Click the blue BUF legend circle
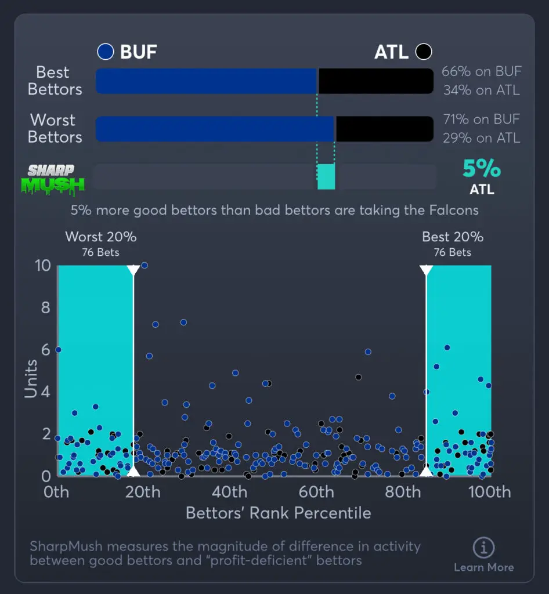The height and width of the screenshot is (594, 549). [x=105, y=52]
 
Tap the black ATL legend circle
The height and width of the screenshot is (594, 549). [x=424, y=52]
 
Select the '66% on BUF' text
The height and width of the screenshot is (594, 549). [x=481, y=72]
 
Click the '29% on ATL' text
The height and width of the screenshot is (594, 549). [x=481, y=137]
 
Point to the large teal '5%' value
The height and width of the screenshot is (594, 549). [x=481, y=169]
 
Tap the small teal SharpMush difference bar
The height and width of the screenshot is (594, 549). [x=326, y=176]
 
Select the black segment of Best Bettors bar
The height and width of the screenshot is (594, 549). [x=375, y=81]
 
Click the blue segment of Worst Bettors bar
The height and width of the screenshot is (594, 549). [x=215, y=129]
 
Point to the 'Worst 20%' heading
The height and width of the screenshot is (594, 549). [x=101, y=237]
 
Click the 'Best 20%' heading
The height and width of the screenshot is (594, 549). [x=453, y=237]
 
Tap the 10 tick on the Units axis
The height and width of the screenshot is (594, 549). [x=44, y=266]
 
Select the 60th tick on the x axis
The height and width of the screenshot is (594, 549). [x=316, y=492]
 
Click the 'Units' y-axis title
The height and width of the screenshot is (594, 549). [x=31, y=379]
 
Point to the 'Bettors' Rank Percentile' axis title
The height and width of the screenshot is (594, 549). [x=278, y=513]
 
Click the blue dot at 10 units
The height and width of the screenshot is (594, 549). [x=145, y=266]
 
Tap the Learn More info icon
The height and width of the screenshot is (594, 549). [x=483, y=548]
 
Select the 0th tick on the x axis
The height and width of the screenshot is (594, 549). [x=56, y=492]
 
